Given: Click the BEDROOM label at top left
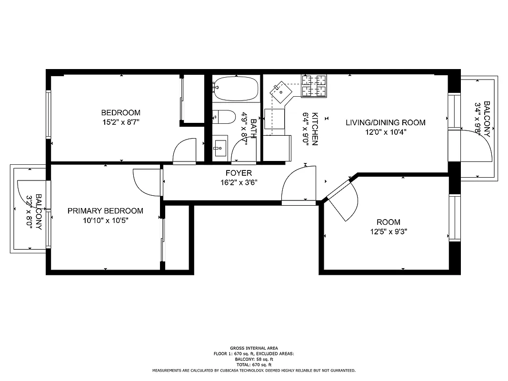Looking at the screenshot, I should coord(120,113).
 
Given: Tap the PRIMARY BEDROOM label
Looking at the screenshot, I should coord(105,211).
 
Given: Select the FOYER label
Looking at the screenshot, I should coord(239,173).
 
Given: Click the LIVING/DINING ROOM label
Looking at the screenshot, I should coord(385,122).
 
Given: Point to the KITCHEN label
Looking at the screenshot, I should coord(315,129).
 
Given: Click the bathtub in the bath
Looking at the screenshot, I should coord(236,89).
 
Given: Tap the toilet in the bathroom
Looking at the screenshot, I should coord(224,117).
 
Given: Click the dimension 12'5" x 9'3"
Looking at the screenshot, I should coord(388,232).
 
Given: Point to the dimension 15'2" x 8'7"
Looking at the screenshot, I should coord(120,122).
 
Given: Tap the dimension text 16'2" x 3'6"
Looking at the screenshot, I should coord(239,182).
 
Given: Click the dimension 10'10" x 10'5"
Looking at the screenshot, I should coord(105,221).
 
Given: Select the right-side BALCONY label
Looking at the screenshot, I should coord(487,119).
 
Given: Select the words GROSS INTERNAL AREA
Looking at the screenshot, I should coord(254,348).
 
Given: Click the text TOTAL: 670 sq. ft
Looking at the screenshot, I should coord(254,364).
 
